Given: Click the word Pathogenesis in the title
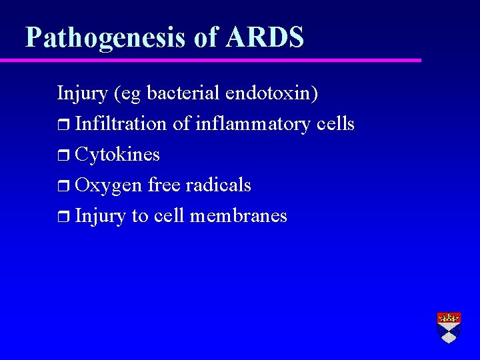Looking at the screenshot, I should click(107, 37).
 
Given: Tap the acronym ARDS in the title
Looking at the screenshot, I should click(265, 37).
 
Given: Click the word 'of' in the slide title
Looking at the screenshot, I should click(206, 37).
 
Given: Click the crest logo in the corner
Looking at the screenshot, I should click(449, 327).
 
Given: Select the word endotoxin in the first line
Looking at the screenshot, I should click(272, 93).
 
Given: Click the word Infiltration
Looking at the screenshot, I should click(121, 124).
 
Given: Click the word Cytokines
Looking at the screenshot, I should click(117, 155).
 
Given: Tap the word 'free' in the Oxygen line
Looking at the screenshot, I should click(164, 185).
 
